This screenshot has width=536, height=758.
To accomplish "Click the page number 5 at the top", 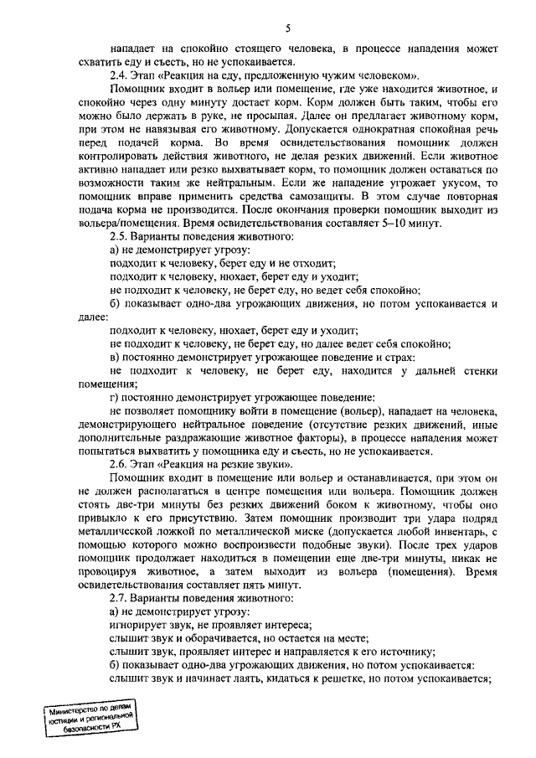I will coord(287,28).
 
